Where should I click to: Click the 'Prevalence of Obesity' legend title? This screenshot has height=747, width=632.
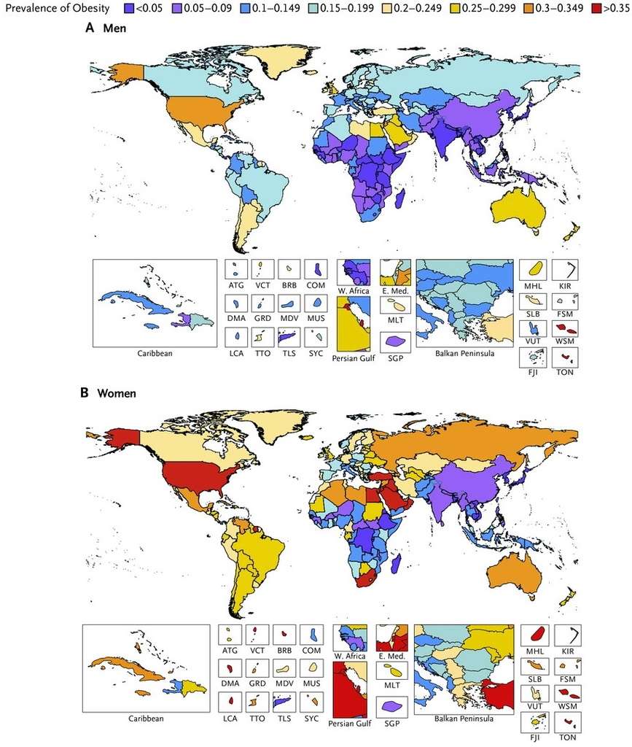(x=56, y=9)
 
